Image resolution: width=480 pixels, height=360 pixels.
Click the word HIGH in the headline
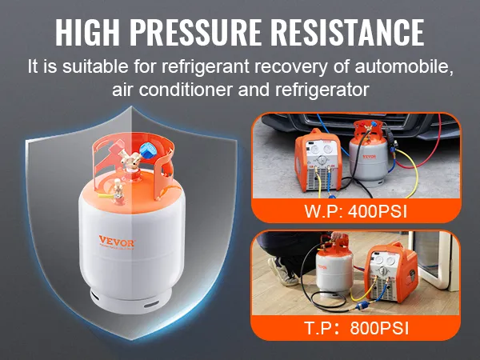[88, 33]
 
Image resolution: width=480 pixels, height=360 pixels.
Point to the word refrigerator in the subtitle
[322, 90]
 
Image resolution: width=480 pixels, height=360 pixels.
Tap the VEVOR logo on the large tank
[117, 241]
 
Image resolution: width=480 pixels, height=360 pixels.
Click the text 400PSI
[378, 211]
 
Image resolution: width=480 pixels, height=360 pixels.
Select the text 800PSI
[379, 328]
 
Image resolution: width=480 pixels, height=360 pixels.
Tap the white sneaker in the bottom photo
[281, 272]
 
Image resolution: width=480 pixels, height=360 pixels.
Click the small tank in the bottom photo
[334, 266]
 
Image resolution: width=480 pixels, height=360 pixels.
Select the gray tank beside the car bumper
[369, 153]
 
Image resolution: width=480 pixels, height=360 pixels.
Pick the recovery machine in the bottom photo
[392, 272]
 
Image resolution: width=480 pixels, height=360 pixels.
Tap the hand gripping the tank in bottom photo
[336, 236]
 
